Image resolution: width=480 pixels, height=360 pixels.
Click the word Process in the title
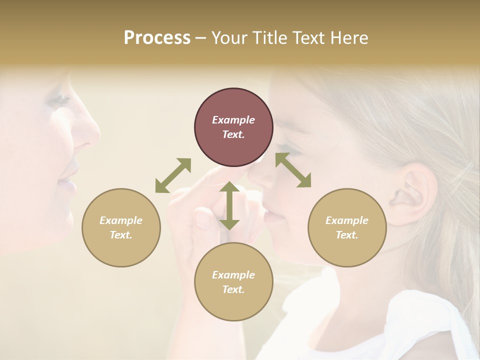coord(157,38)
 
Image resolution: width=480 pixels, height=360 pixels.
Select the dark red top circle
coord(233,127)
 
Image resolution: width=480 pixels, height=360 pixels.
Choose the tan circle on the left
coord(121,227)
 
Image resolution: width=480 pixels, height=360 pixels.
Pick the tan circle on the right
coord(347,227)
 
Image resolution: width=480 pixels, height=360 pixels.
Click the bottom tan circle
coord(233,282)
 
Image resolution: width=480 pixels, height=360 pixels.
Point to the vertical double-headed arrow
coord(229,205)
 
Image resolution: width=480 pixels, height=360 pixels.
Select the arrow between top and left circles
coord(173,175)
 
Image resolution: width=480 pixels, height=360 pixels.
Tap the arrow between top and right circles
coord(293,170)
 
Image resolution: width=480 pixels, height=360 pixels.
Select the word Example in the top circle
coord(233,120)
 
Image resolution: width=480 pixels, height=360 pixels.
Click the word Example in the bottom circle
coord(233,275)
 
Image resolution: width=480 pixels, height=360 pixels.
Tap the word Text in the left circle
coord(121,235)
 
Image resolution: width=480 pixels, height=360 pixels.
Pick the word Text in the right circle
coord(347,235)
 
